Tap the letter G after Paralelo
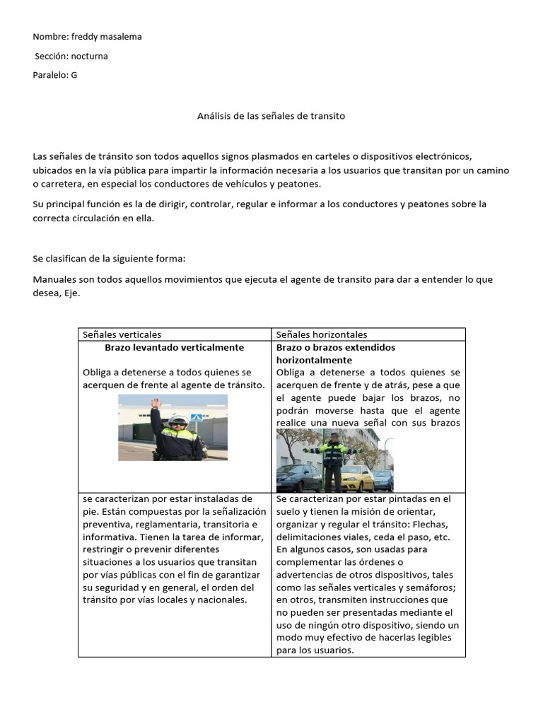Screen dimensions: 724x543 pos(74,75)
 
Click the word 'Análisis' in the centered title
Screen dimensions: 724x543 pos(214,115)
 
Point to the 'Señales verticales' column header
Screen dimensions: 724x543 pos(122,334)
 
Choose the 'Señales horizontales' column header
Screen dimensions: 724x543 pos(322,334)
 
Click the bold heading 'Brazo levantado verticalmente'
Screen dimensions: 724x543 pos(174,347)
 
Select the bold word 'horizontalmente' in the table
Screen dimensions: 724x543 pos(314,360)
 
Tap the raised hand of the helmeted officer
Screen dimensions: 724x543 pos(156,404)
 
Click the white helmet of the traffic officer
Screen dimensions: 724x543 pos(177,420)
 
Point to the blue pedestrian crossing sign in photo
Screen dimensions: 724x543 pos(197,417)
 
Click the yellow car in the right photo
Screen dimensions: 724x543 pos(357,478)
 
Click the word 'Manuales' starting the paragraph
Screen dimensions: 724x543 pos(54,279)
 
